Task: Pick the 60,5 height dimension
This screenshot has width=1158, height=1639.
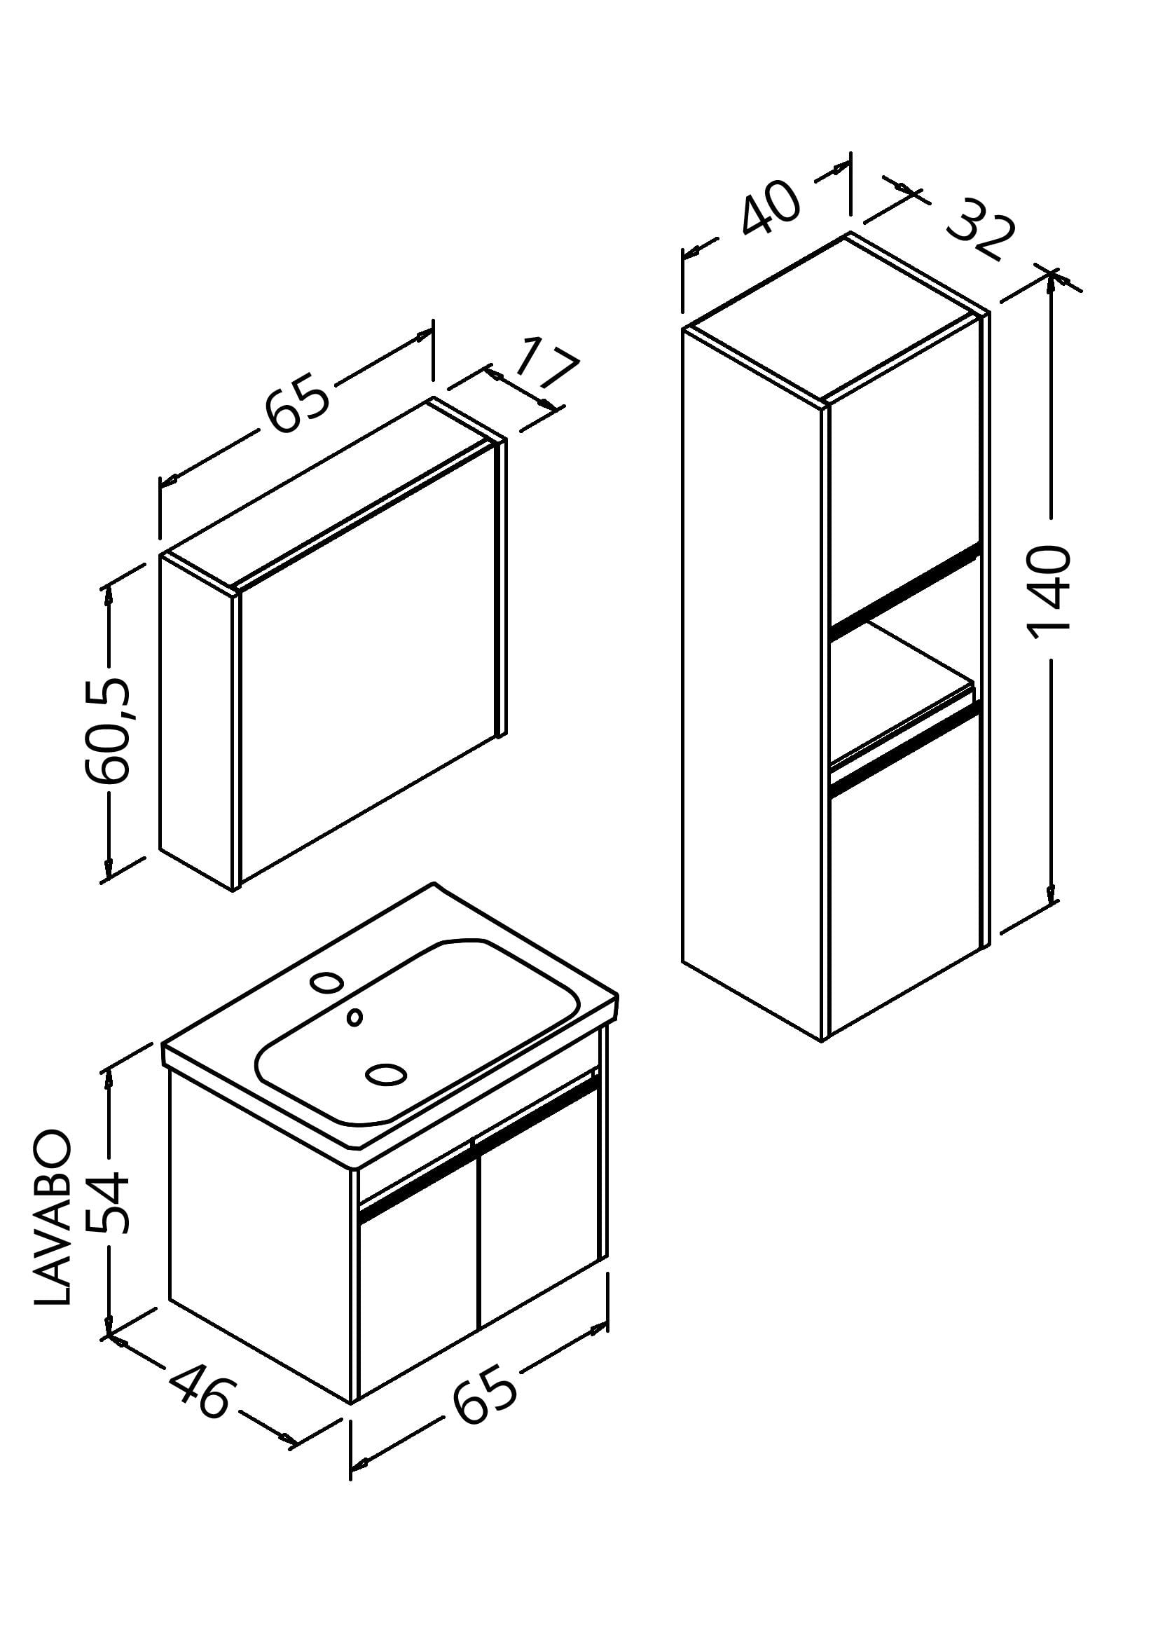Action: (x=107, y=731)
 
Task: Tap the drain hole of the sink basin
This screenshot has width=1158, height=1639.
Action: (x=385, y=1074)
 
